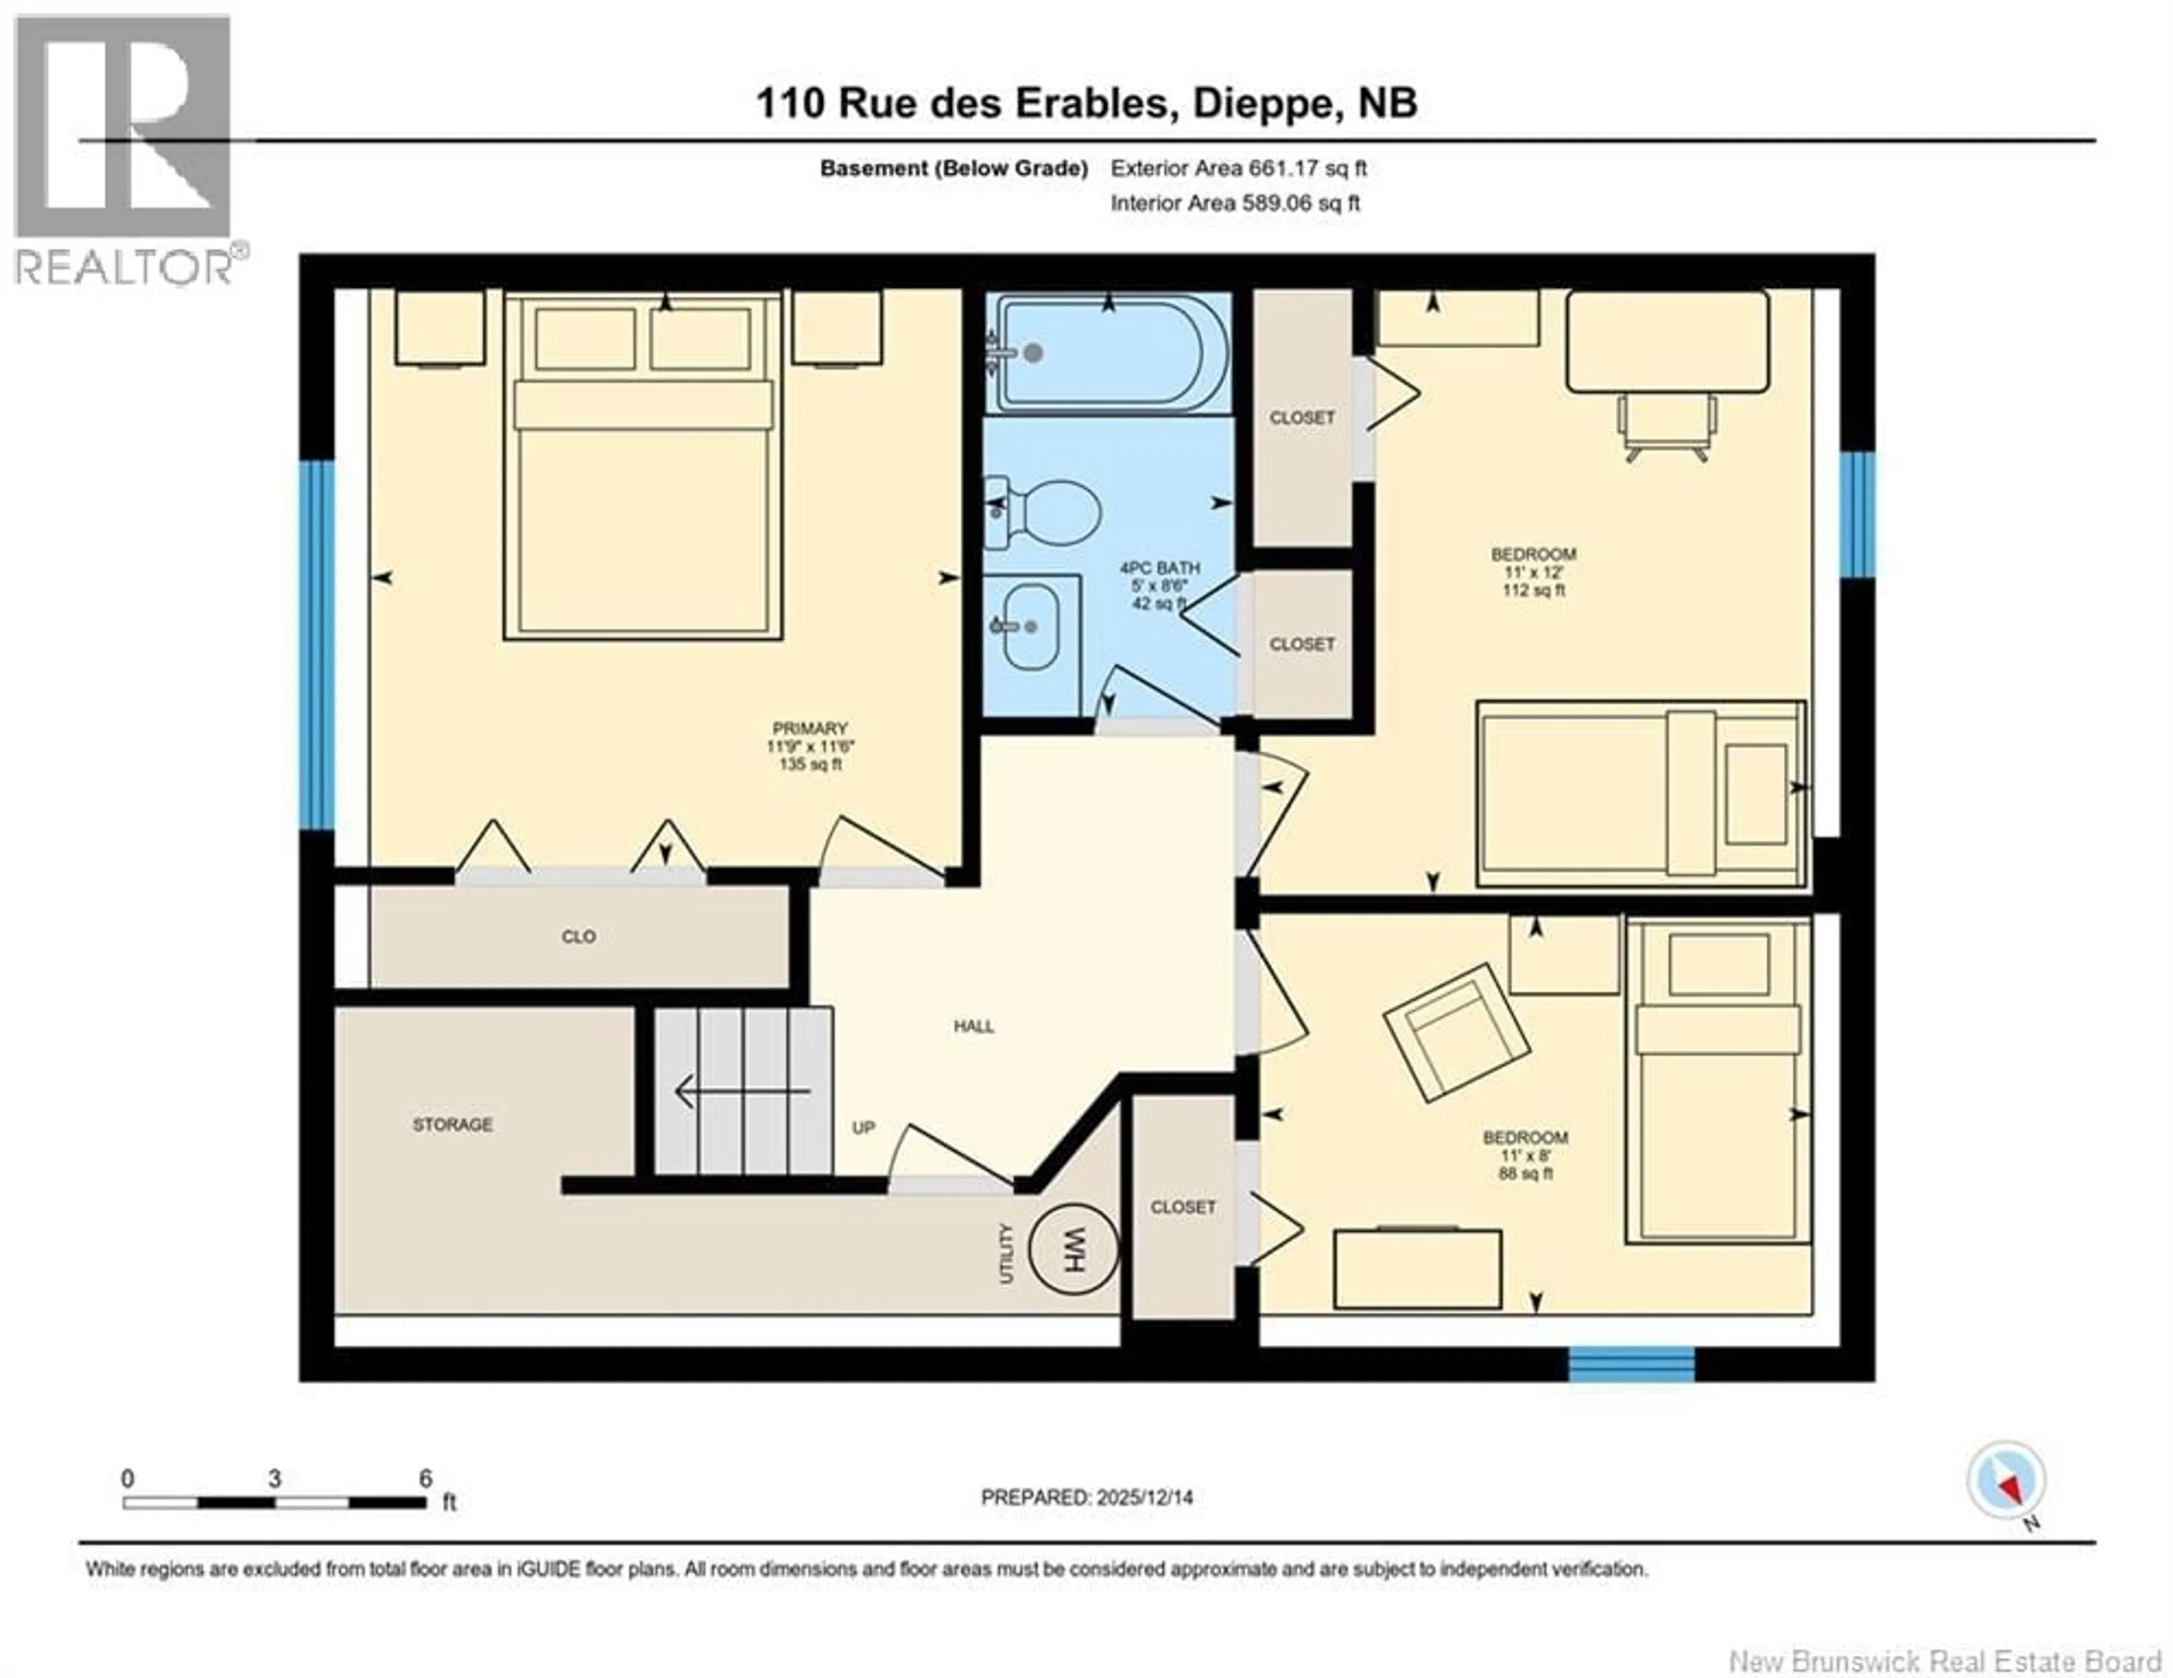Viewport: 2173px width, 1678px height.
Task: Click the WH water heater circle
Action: point(1072,1249)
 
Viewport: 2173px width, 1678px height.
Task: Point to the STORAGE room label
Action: point(453,1125)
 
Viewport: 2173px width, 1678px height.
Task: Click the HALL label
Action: point(973,1026)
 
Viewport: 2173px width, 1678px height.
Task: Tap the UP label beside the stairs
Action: point(862,1128)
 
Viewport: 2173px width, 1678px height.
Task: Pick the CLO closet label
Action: point(578,936)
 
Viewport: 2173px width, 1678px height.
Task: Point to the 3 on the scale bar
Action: point(274,1479)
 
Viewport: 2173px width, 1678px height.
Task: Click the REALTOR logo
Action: point(124,149)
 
